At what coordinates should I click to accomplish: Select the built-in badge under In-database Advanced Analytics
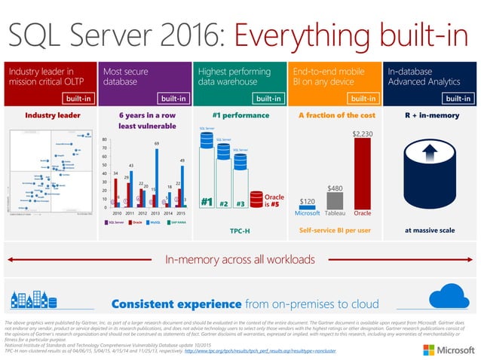click(458, 98)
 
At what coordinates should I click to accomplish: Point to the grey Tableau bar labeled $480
click(335, 199)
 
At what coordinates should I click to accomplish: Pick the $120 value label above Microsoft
click(307, 202)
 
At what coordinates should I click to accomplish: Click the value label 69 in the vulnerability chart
click(156, 143)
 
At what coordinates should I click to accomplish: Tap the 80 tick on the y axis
click(104, 140)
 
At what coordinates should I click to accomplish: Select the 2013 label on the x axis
click(157, 213)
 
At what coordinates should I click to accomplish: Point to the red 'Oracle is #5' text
click(275, 201)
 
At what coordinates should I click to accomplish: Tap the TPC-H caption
click(240, 229)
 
